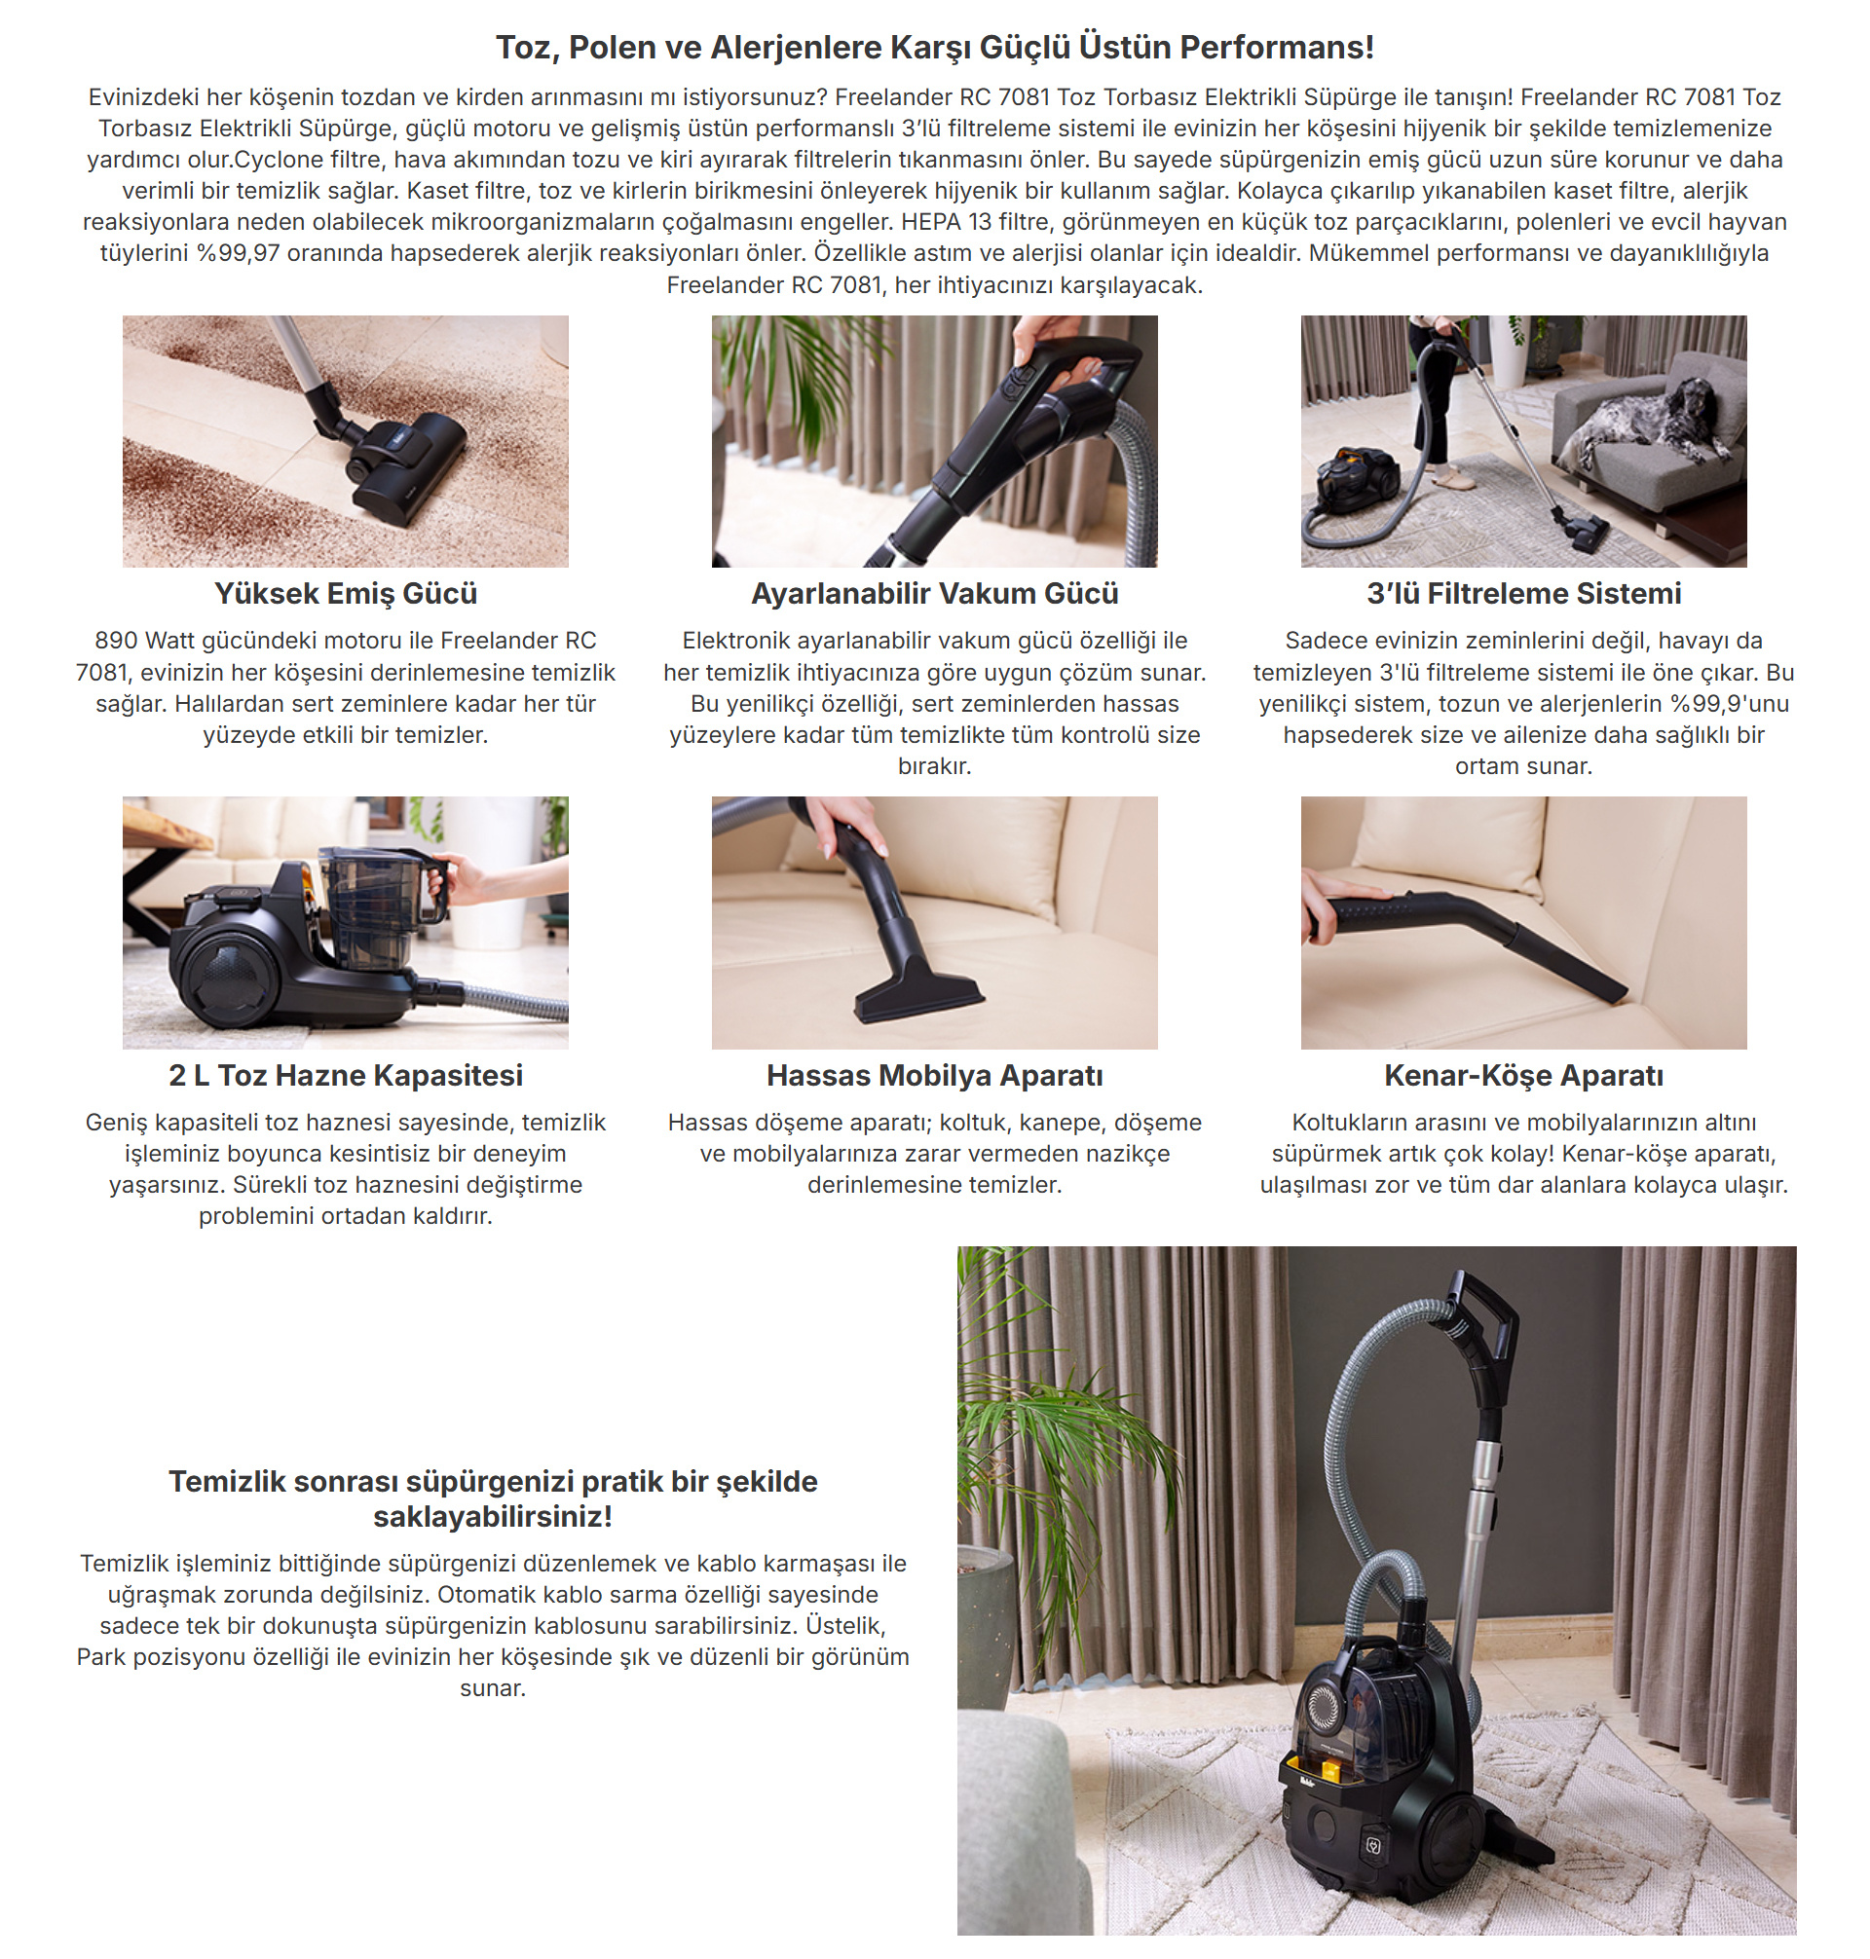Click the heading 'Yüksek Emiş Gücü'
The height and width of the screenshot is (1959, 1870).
[346, 594]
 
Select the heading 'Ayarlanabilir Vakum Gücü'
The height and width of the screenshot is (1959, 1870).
[935, 594]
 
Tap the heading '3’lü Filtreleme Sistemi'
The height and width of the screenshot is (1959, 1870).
[1524, 594]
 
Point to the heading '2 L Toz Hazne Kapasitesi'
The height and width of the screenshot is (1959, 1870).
[346, 1076]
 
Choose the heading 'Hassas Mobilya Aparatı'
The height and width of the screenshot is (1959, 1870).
[935, 1076]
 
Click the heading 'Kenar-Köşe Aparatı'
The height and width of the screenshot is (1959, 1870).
[1524, 1076]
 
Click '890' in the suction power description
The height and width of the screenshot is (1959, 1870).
[117, 641]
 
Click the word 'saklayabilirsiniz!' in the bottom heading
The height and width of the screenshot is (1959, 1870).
[494, 1517]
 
